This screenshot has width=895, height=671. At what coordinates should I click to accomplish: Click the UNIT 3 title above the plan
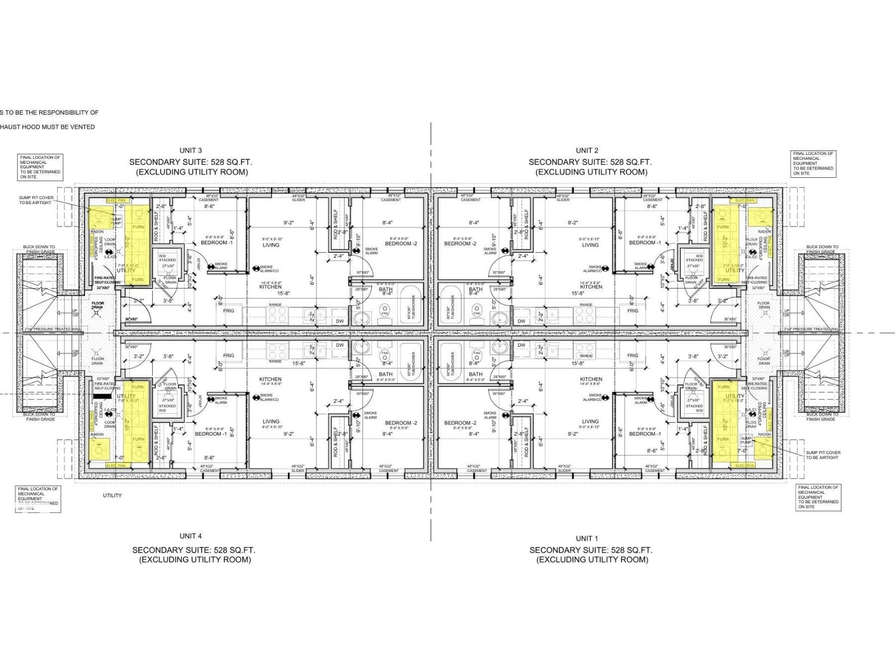pyautogui.click(x=190, y=150)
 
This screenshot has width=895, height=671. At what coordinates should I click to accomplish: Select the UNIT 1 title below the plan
pyautogui.click(x=587, y=538)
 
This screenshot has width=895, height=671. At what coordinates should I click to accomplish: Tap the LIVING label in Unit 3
pyautogui.click(x=271, y=245)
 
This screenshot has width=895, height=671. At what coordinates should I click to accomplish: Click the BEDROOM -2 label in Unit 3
pyautogui.click(x=401, y=243)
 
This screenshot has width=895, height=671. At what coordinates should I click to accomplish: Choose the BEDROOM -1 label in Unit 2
pyautogui.click(x=645, y=243)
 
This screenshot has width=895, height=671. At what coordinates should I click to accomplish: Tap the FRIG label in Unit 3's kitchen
pyautogui.click(x=229, y=310)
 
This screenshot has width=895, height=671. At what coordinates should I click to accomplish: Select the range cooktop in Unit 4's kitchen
pyautogui.click(x=275, y=351)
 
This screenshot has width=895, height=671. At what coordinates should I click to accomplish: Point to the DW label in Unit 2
pyautogui.click(x=521, y=321)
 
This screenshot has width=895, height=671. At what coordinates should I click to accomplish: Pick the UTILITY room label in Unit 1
pyautogui.click(x=734, y=396)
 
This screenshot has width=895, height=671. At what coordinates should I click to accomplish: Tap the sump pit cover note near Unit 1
pyautogui.click(x=823, y=455)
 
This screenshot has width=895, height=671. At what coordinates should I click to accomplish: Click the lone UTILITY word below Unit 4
pyautogui.click(x=112, y=495)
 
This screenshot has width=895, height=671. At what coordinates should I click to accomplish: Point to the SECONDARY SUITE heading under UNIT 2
pyautogui.click(x=590, y=162)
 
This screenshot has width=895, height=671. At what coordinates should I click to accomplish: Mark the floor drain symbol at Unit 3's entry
pyautogui.click(x=98, y=313)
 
